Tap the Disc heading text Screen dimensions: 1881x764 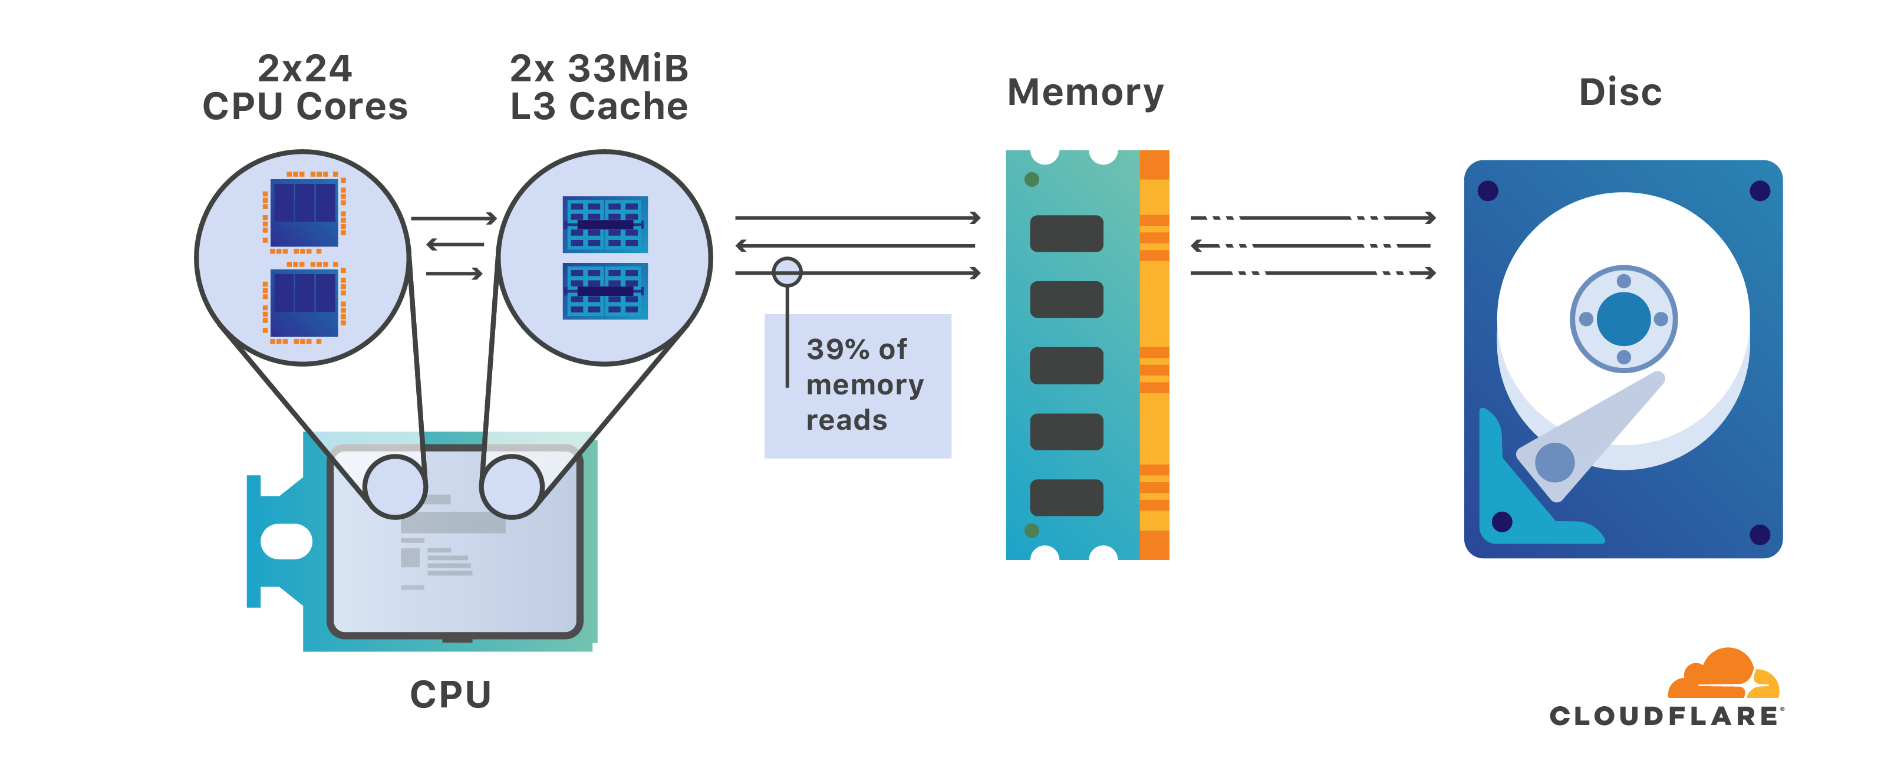[x=1620, y=92]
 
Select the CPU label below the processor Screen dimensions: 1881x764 [x=450, y=694]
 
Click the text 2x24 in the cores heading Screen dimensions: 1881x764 [x=305, y=68]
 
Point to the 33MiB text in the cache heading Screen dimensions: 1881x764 [x=628, y=68]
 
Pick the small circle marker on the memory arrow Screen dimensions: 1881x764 [x=787, y=272]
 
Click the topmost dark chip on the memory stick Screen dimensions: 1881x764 [x=1066, y=233]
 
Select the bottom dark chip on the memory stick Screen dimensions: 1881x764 [x=1066, y=498]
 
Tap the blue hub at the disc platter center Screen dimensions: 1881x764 [x=1623, y=319]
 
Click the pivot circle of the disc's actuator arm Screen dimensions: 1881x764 [x=1554, y=462]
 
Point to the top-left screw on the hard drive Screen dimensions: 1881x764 [x=1487, y=190]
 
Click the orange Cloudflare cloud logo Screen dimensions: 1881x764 [x=1723, y=673]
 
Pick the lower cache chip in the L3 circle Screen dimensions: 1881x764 [x=605, y=291]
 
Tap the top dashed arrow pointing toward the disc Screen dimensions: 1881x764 [x=1313, y=218]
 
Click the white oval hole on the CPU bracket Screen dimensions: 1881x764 [x=286, y=541]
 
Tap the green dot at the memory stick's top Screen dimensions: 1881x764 [x=1032, y=180]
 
